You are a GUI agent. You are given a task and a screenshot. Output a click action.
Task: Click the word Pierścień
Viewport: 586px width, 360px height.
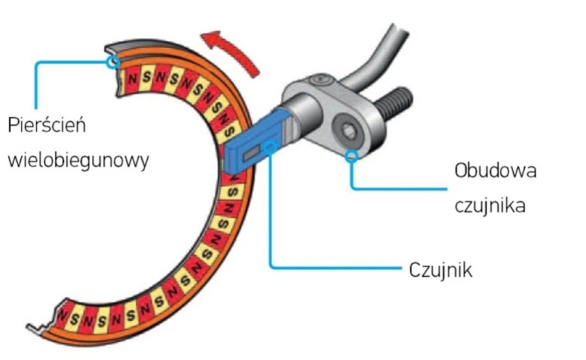(46, 126)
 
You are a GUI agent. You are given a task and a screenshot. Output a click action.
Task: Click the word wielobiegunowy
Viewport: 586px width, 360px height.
(78, 159)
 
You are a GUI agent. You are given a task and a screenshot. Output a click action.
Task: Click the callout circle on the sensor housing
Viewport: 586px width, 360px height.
(352, 156)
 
